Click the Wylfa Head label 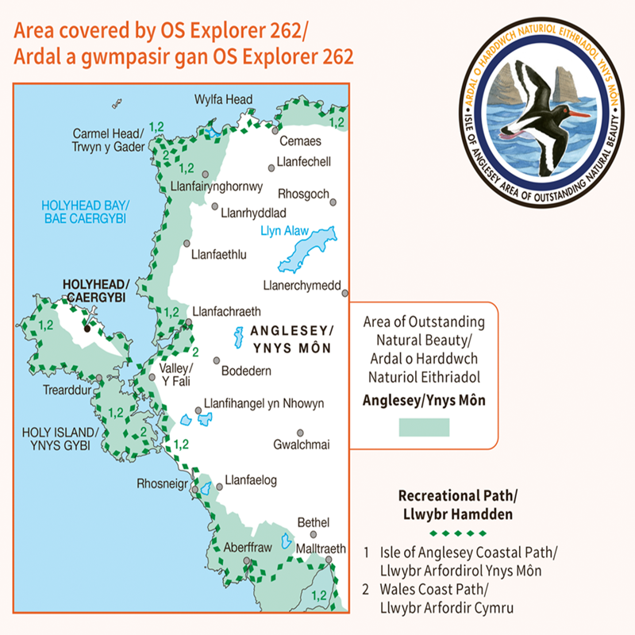click(223, 100)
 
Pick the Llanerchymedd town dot click(345, 293)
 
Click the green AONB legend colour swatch click(423, 427)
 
